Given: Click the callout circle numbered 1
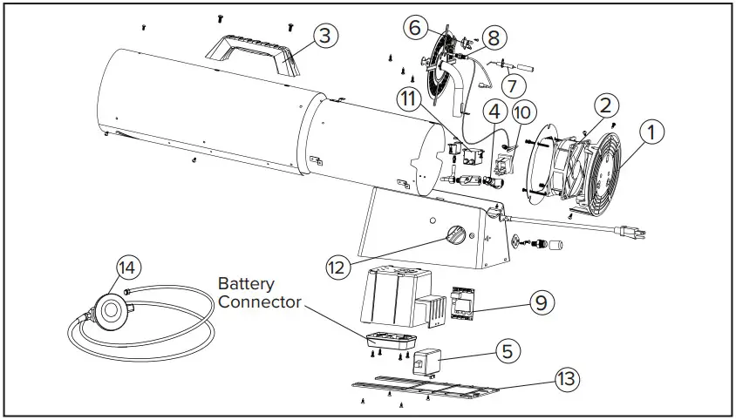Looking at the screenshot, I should pos(651,132).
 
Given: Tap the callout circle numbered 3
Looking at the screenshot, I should pos(324,36).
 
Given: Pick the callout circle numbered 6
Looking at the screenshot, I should pos(417,27).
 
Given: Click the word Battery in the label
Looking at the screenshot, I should pos(245,284).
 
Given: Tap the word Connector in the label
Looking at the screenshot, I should pos(260,301).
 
